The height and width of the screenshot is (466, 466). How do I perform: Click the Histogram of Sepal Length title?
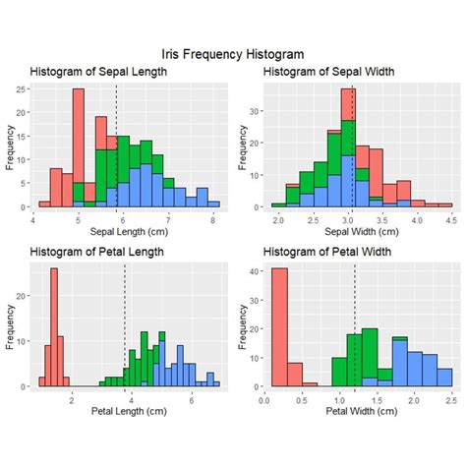(99, 72)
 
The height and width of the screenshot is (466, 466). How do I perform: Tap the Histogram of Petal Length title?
(99, 253)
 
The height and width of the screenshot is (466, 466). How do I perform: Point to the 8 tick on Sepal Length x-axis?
(214, 220)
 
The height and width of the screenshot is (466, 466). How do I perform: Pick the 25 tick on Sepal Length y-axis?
(23, 89)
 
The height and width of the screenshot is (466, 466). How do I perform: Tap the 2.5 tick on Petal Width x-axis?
(449, 400)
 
